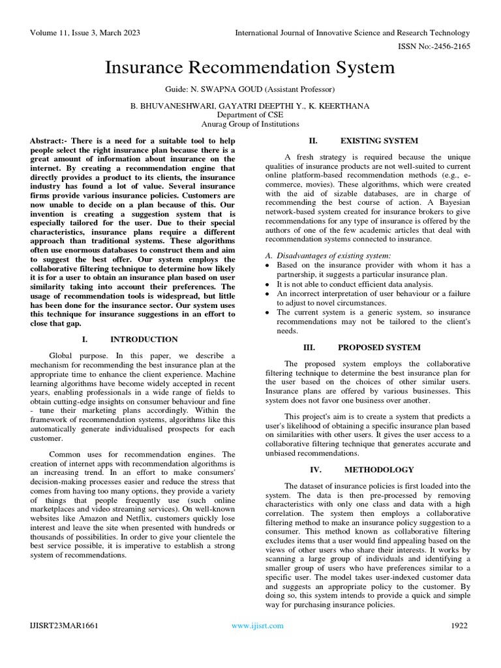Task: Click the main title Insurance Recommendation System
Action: pyautogui.click(x=250, y=68)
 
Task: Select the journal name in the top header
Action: pyautogui.click(x=352, y=33)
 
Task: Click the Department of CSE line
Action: pyautogui.click(x=250, y=114)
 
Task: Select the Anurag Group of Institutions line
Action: pyautogui.click(x=250, y=123)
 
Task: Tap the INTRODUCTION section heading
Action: pyautogui.click(x=144, y=339)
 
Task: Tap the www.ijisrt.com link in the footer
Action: pyautogui.click(x=258, y=626)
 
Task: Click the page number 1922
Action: pyautogui.click(x=459, y=626)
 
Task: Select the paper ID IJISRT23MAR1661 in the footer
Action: pyautogui.click(x=64, y=626)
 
